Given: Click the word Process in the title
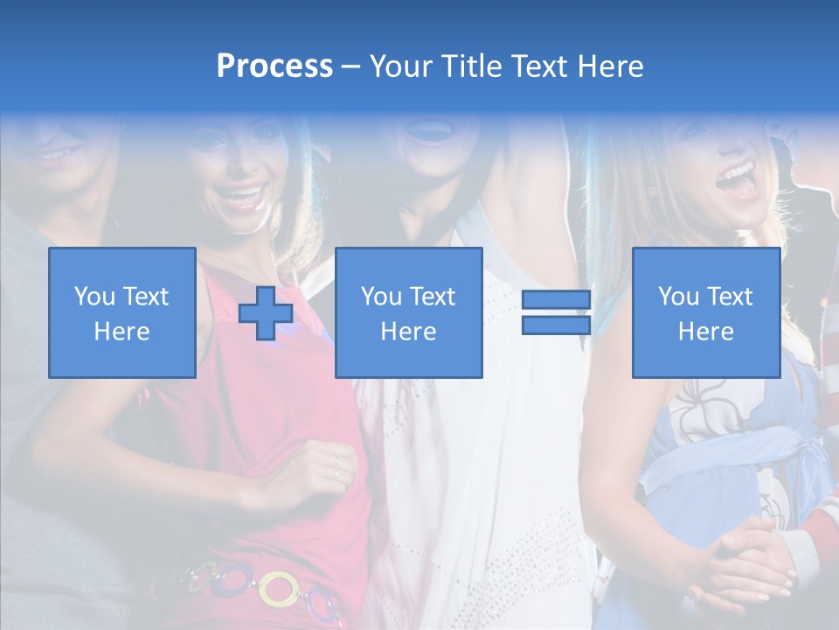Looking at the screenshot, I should (274, 66).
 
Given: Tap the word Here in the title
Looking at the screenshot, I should (610, 66).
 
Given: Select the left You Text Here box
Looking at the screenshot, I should (121, 312).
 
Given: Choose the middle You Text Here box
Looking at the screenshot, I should (408, 312).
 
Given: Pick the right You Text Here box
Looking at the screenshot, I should (705, 312).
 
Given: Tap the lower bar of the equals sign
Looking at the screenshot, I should (556, 325).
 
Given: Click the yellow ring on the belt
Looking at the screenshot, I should (279, 588).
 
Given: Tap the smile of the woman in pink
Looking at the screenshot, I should (241, 194).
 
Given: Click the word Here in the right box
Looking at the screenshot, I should (705, 331).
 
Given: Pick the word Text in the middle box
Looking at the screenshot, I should (433, 297).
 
